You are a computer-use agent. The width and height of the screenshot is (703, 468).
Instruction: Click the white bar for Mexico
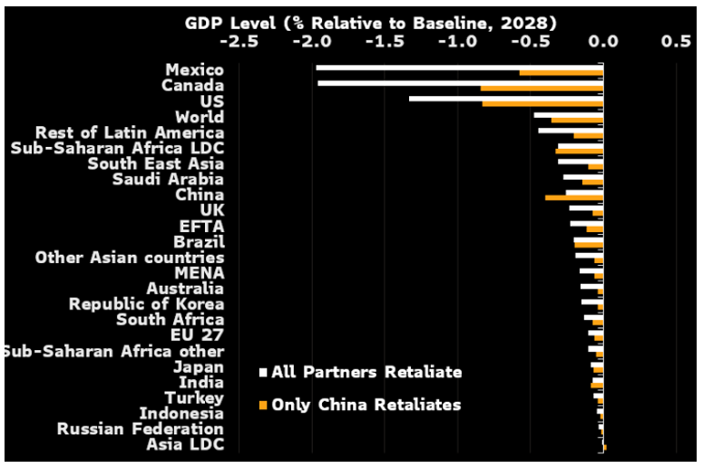[x=458, y=67]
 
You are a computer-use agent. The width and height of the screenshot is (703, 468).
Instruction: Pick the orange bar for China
[x=573, y=197]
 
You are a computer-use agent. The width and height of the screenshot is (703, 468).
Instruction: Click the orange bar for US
[x=542, y=103]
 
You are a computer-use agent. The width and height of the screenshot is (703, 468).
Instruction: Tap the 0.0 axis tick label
[x=603, y=41]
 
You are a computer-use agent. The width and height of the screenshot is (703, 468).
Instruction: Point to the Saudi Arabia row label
[x=168, y=179]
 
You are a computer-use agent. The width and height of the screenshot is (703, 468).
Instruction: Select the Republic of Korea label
[x=147, y=304]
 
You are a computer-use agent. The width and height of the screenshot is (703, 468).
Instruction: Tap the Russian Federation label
[x=141, y=428]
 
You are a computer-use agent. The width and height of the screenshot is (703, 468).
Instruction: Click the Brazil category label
[x=199, y=241]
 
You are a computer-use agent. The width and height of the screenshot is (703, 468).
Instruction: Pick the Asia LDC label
[x=186, y=444]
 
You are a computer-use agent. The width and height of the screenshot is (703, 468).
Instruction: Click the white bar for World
[x=568, y=114]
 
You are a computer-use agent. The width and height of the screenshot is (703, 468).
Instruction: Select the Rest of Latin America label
[x=129, y=132]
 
